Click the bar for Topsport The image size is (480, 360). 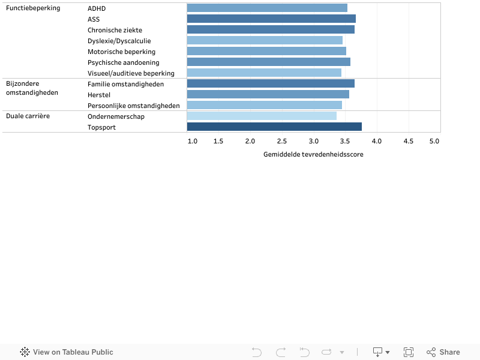274,127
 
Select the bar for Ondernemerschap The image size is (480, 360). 262,116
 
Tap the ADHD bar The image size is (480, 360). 267,8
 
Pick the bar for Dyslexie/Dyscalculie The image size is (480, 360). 265,40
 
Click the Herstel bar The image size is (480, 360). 268,94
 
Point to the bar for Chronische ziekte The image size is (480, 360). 271,29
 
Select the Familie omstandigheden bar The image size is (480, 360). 271,83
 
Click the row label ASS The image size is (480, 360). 94,19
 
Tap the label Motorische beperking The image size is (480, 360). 121,52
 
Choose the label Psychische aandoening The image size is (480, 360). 124,62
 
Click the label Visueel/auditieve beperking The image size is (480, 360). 131,73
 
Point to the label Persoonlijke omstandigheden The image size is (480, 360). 133,106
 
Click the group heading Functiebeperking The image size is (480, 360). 33,8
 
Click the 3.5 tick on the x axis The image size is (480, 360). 345,141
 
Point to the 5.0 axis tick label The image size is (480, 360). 434,141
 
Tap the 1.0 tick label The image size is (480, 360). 193,141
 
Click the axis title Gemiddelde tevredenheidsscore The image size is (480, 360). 313,154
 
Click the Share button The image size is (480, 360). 443,352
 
